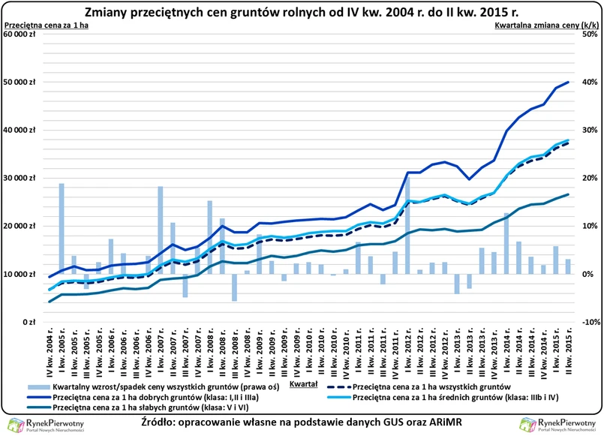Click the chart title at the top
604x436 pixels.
(302, 13)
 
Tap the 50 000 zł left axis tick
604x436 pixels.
(22, 82)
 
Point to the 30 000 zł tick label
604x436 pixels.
(22, 178)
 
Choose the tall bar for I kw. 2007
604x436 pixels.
(160, 230)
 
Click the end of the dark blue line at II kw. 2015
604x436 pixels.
(568, 82)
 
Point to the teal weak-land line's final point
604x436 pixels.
(568, 194)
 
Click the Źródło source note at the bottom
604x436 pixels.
(302, 425)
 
